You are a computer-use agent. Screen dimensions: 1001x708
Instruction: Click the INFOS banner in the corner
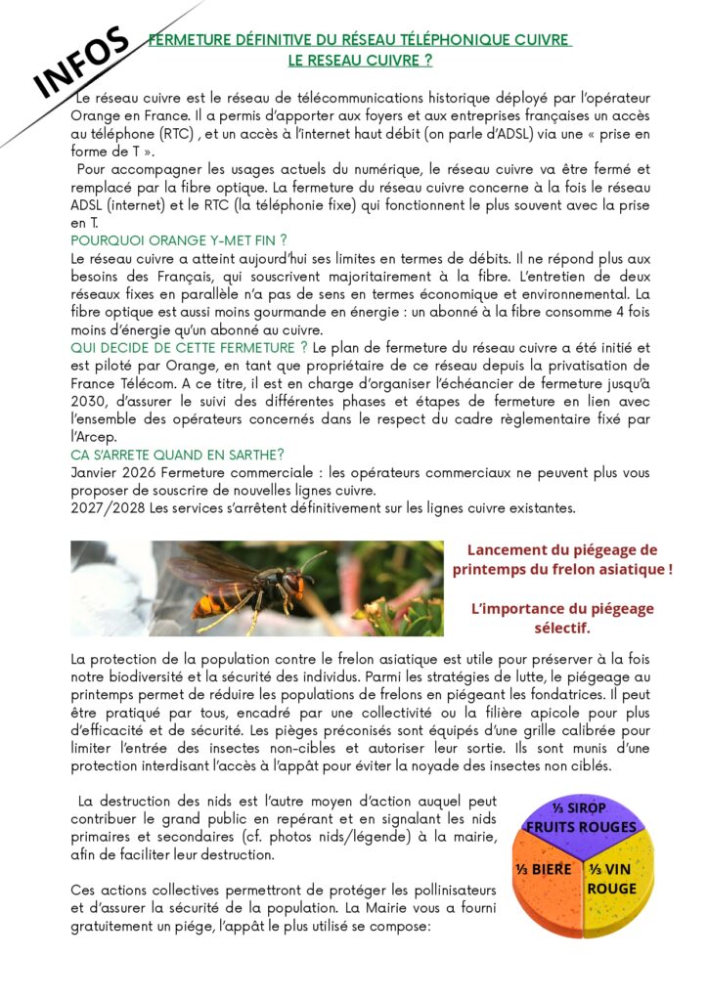83,63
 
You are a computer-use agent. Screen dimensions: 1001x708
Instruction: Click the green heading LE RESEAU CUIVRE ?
360,60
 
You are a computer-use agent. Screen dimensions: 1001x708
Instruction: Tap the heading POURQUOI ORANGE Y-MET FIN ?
179,240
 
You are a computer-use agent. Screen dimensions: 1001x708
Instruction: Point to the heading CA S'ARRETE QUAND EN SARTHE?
178,455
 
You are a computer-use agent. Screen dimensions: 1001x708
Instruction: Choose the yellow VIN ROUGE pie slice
615,877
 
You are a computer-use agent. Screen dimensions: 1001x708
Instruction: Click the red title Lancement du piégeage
562,549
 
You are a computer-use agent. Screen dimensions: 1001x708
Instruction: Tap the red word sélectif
561,627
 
